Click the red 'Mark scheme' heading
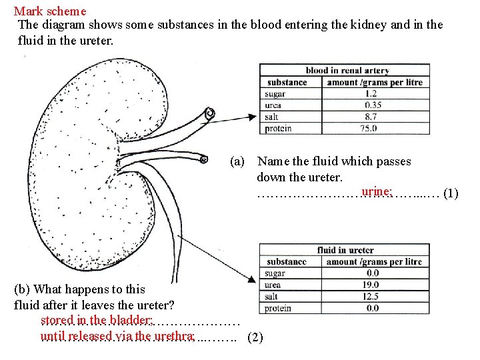pyautogui.click(x=50, y=11)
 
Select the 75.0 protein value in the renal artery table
pyautogui.click(x=370, y=129)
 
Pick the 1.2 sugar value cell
pyautogui.click(x=370, y=94)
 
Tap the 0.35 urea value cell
pyautogui.click(x=373, y=105)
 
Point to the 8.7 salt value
pyautogui.click(x=371, y=117)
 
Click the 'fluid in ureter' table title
pyautogui.click(x=345, y=250)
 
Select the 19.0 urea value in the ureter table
pyautogui.click(x=372, y=285)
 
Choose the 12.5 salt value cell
pyautogui.click(x=372, y=297)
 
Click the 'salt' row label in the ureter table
pyautogui.click(x=271, y=297)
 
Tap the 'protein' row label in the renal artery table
pyautogui.click(x=277, y=129)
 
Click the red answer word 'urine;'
pyautogui.click(x=377, y=192)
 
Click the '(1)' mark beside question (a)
pyautogui.click(x=451, y=194)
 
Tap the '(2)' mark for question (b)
pyautogui.click(x=255, y=337)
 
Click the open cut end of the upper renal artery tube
pyautogui.click(x=210, y=114)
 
